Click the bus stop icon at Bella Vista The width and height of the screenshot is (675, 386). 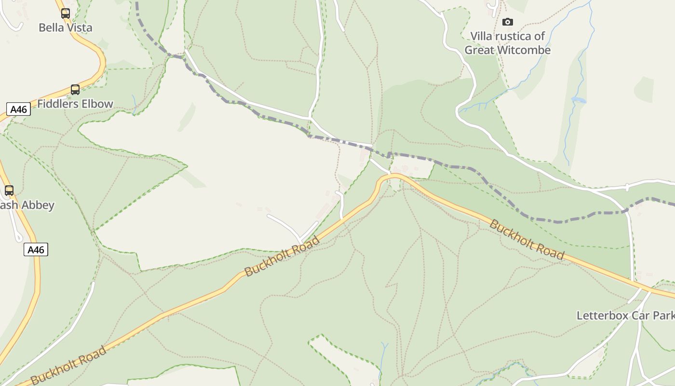click(x=66, y=14)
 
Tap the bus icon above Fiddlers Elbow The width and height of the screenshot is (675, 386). click(x=75, y=89)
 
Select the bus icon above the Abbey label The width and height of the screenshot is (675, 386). click(x=9, y=190)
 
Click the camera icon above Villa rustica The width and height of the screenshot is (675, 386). click(x=507, y=22)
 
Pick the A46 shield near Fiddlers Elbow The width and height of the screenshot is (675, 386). click(x=19, y=110)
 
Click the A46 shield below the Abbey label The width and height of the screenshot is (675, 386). click(x=36, y=249)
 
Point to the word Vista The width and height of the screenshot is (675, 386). click(x=78, y=28)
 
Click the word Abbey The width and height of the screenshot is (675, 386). click(x=38, y=205)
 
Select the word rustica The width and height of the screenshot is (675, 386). click(x=515, y=36)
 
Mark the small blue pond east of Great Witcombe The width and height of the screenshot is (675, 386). click(x=578, y=100)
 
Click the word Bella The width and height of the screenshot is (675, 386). click(x=51, y=28)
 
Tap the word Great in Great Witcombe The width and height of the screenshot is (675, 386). click(x=479, y=50)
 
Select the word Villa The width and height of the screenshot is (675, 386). click(x=482, y=36)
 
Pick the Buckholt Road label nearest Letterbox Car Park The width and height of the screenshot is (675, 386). click(x=526, y=239)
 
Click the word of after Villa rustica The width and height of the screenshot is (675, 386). click(x=540, y=36)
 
